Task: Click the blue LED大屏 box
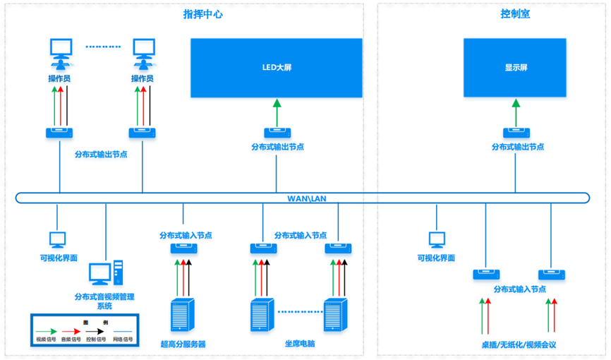276,68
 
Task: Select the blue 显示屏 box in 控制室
515,68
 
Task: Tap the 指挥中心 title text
202,13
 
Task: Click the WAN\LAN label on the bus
305,198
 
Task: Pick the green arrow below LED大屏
277,112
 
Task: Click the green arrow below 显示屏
516,112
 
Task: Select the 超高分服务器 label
183,344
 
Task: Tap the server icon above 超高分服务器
182,315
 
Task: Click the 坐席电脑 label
300,344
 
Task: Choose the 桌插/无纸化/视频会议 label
519,344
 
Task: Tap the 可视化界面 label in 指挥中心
59,258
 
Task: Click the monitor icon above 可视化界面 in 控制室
437,240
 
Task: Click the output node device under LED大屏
277,133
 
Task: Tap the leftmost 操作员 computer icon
60,51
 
